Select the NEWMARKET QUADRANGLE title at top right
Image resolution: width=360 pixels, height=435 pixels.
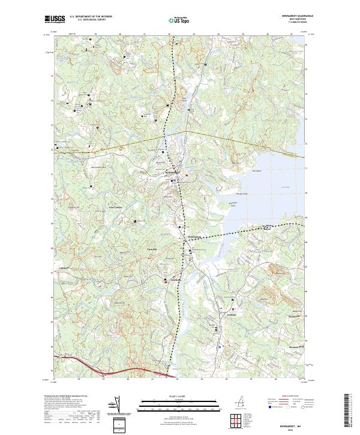[x=296, y=17]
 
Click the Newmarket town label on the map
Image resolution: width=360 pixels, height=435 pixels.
[x=172, y=174]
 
